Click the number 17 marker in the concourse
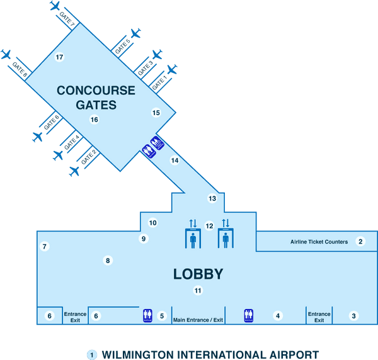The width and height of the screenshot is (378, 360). [x=60, y=57]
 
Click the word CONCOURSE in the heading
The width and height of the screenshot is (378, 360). [x=96, y=91]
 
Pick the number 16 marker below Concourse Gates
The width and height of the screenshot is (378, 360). [x=94, y=120]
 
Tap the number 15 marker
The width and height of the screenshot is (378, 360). [x=156, y=113]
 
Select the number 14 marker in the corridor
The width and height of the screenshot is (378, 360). [x=175, y=160]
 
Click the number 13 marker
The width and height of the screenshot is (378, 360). [x=212, y=198]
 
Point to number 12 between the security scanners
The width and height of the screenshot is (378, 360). [x=209, y=225]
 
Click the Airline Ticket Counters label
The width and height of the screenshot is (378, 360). [x=319, y=242]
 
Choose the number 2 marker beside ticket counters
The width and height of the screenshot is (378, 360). [x=361, y=241]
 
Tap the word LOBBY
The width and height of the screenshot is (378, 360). [x=198, y=274]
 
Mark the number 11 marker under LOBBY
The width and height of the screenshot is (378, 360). [x=198, y=291]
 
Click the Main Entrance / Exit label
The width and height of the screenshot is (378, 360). [x=198, y=320]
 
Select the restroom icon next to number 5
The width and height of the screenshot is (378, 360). [x=147, y=315]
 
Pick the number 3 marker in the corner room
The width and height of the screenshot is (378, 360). [x=353, y=316]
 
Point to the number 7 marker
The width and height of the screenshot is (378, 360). [x=45, y=247]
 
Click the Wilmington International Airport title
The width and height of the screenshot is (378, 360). [x=210, y=354]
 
